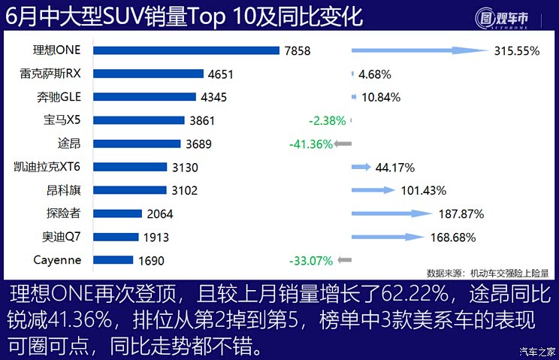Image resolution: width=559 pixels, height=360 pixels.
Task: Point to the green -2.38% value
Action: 327,120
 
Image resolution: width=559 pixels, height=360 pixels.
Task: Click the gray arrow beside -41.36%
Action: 343,144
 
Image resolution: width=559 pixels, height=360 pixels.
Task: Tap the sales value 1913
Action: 156,237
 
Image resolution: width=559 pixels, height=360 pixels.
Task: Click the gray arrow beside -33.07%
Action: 346,260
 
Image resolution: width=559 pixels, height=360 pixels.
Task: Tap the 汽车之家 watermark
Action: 537,351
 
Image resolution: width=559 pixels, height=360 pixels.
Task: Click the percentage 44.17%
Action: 394,167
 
